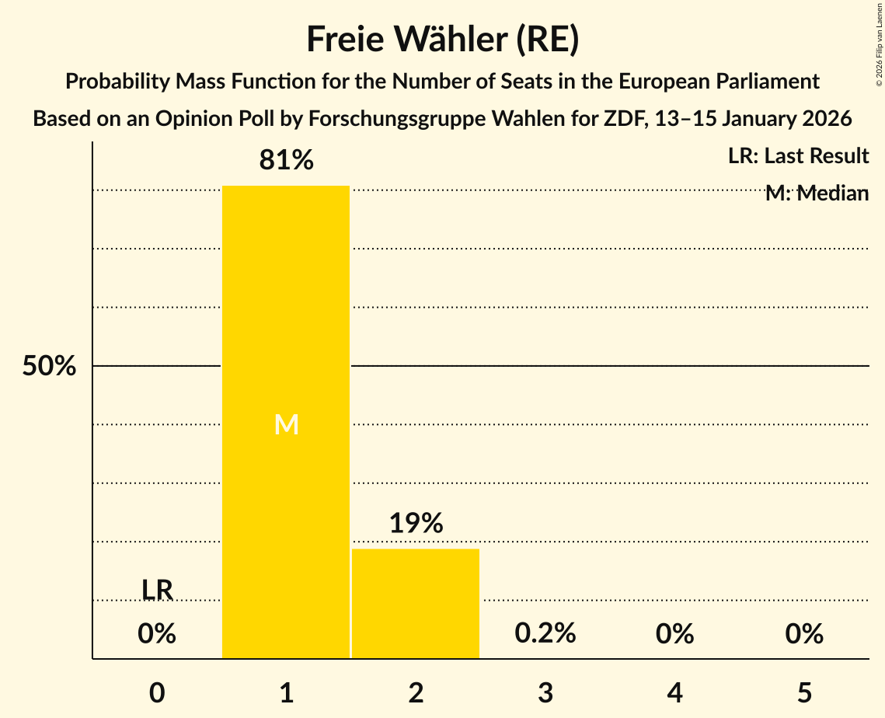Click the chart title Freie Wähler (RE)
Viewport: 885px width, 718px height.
442,39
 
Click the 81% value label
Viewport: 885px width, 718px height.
286,160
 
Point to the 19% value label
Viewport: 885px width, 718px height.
416,523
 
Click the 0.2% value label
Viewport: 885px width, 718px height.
545,633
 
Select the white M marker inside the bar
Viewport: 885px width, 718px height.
286,424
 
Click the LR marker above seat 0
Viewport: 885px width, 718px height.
157,590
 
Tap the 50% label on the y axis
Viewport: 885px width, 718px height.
49,366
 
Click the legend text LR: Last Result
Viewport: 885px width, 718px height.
798,156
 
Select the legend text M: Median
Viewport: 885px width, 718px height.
817,193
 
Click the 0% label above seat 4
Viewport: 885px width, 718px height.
674,634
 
